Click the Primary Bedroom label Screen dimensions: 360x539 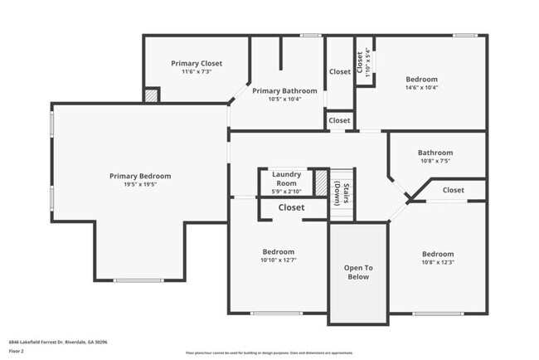pos(140,176)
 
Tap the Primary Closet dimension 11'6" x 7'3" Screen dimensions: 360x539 pos(197,72)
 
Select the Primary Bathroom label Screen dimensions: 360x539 pos(284,90)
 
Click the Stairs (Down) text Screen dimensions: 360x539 pos(340,192)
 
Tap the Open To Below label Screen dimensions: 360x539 pos(358,271)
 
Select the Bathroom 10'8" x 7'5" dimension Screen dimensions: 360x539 pos(435,162)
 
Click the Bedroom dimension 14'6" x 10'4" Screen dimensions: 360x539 pos(421,87)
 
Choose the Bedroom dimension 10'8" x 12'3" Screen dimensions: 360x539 pos(437,263)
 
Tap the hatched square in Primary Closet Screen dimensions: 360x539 pos(151,95)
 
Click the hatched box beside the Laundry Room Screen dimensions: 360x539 pos(321,182)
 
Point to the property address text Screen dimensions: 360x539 pos(58,342)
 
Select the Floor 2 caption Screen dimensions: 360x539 pos(17,351)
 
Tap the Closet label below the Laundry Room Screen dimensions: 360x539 pos(290,207)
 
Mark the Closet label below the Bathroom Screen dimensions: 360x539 pos(453,190)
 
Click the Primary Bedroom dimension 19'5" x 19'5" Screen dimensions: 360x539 pos(140,184)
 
